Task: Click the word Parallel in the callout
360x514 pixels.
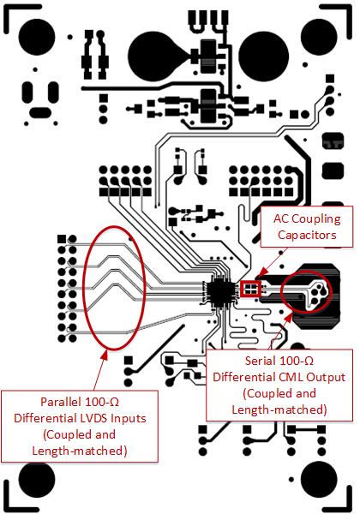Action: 64,401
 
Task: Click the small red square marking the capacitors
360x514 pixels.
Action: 250,287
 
